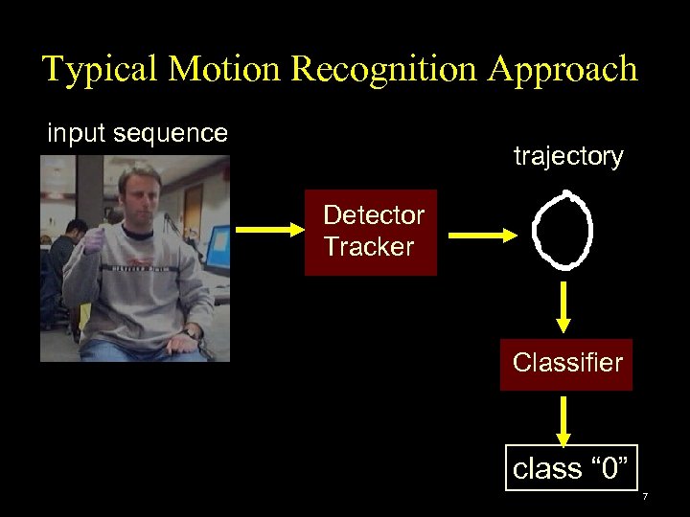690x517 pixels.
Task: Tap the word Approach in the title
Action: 569,69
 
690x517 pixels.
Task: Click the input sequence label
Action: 137,133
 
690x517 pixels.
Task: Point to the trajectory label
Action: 568,156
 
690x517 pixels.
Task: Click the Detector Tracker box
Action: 370,232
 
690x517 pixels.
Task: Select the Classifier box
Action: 566,364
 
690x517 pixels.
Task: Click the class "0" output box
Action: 571,467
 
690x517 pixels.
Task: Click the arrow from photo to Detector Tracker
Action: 268,230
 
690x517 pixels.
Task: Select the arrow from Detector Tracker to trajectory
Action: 481,235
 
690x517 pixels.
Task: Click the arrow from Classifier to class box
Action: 565,419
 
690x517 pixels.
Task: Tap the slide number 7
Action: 645,497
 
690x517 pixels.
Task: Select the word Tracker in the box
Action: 368,247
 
